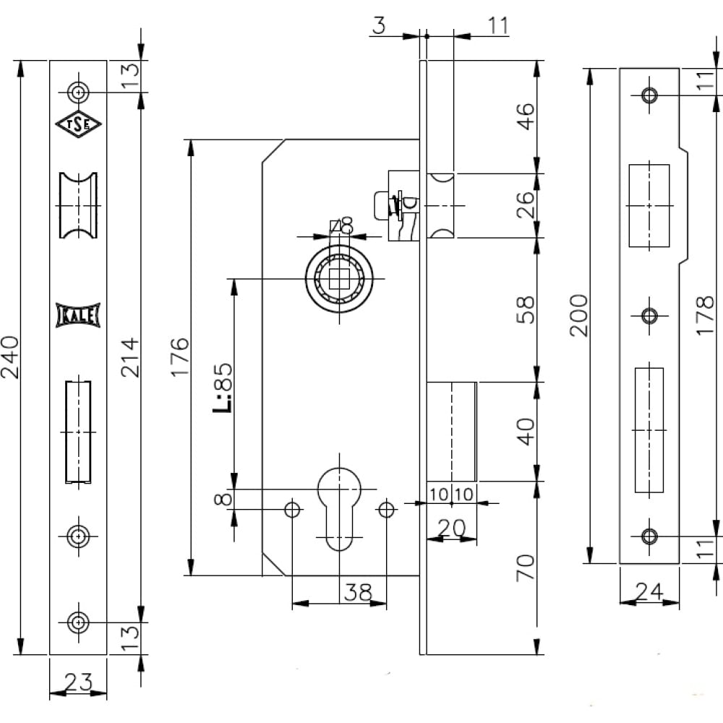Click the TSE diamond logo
click(x=78, y=124)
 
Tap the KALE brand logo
click(x=78, y=315)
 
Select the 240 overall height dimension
click(x=10, y=357)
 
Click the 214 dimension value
click(x=130, y=357)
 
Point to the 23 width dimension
click(x=78, y=682)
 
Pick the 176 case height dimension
click(x=180, y=357)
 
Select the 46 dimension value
click(x=526, y=116)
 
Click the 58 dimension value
click(x=526, y=310)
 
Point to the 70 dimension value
click(x=526, y=568)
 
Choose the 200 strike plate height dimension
click(x=579, y=315)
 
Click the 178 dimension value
click(x=705, y=315)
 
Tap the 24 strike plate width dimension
click(x=649, y=591)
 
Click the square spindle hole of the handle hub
click(x=339, y=278)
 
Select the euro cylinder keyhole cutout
click(x=339, y=509)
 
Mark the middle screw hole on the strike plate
click(x=650, y=316)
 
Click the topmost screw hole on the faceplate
click(x=78, y=93)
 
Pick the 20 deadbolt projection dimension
click(x=451, y=528)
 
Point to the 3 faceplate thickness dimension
click(x=379, y=25)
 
